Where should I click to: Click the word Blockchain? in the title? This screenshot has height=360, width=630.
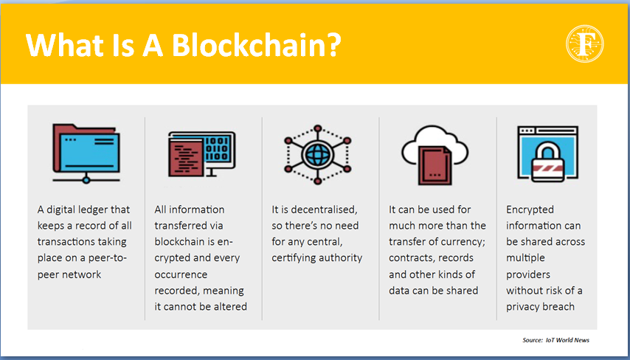(257, 44)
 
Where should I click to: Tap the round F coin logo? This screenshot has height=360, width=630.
(585, 44)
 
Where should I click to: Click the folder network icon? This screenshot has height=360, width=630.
(86, 153)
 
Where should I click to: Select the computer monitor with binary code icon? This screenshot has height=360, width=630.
(201, 154)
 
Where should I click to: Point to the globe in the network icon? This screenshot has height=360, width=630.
(317, 154)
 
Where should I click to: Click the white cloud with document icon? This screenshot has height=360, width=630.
(435, 155)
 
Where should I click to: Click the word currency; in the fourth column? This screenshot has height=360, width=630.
(462, 242)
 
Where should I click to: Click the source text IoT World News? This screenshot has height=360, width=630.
(567, 340)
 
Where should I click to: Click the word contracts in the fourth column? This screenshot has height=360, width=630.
(409, 258)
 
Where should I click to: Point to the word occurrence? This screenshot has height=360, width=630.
(181, 274)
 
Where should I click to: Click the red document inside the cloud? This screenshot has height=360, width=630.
(435, 165)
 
